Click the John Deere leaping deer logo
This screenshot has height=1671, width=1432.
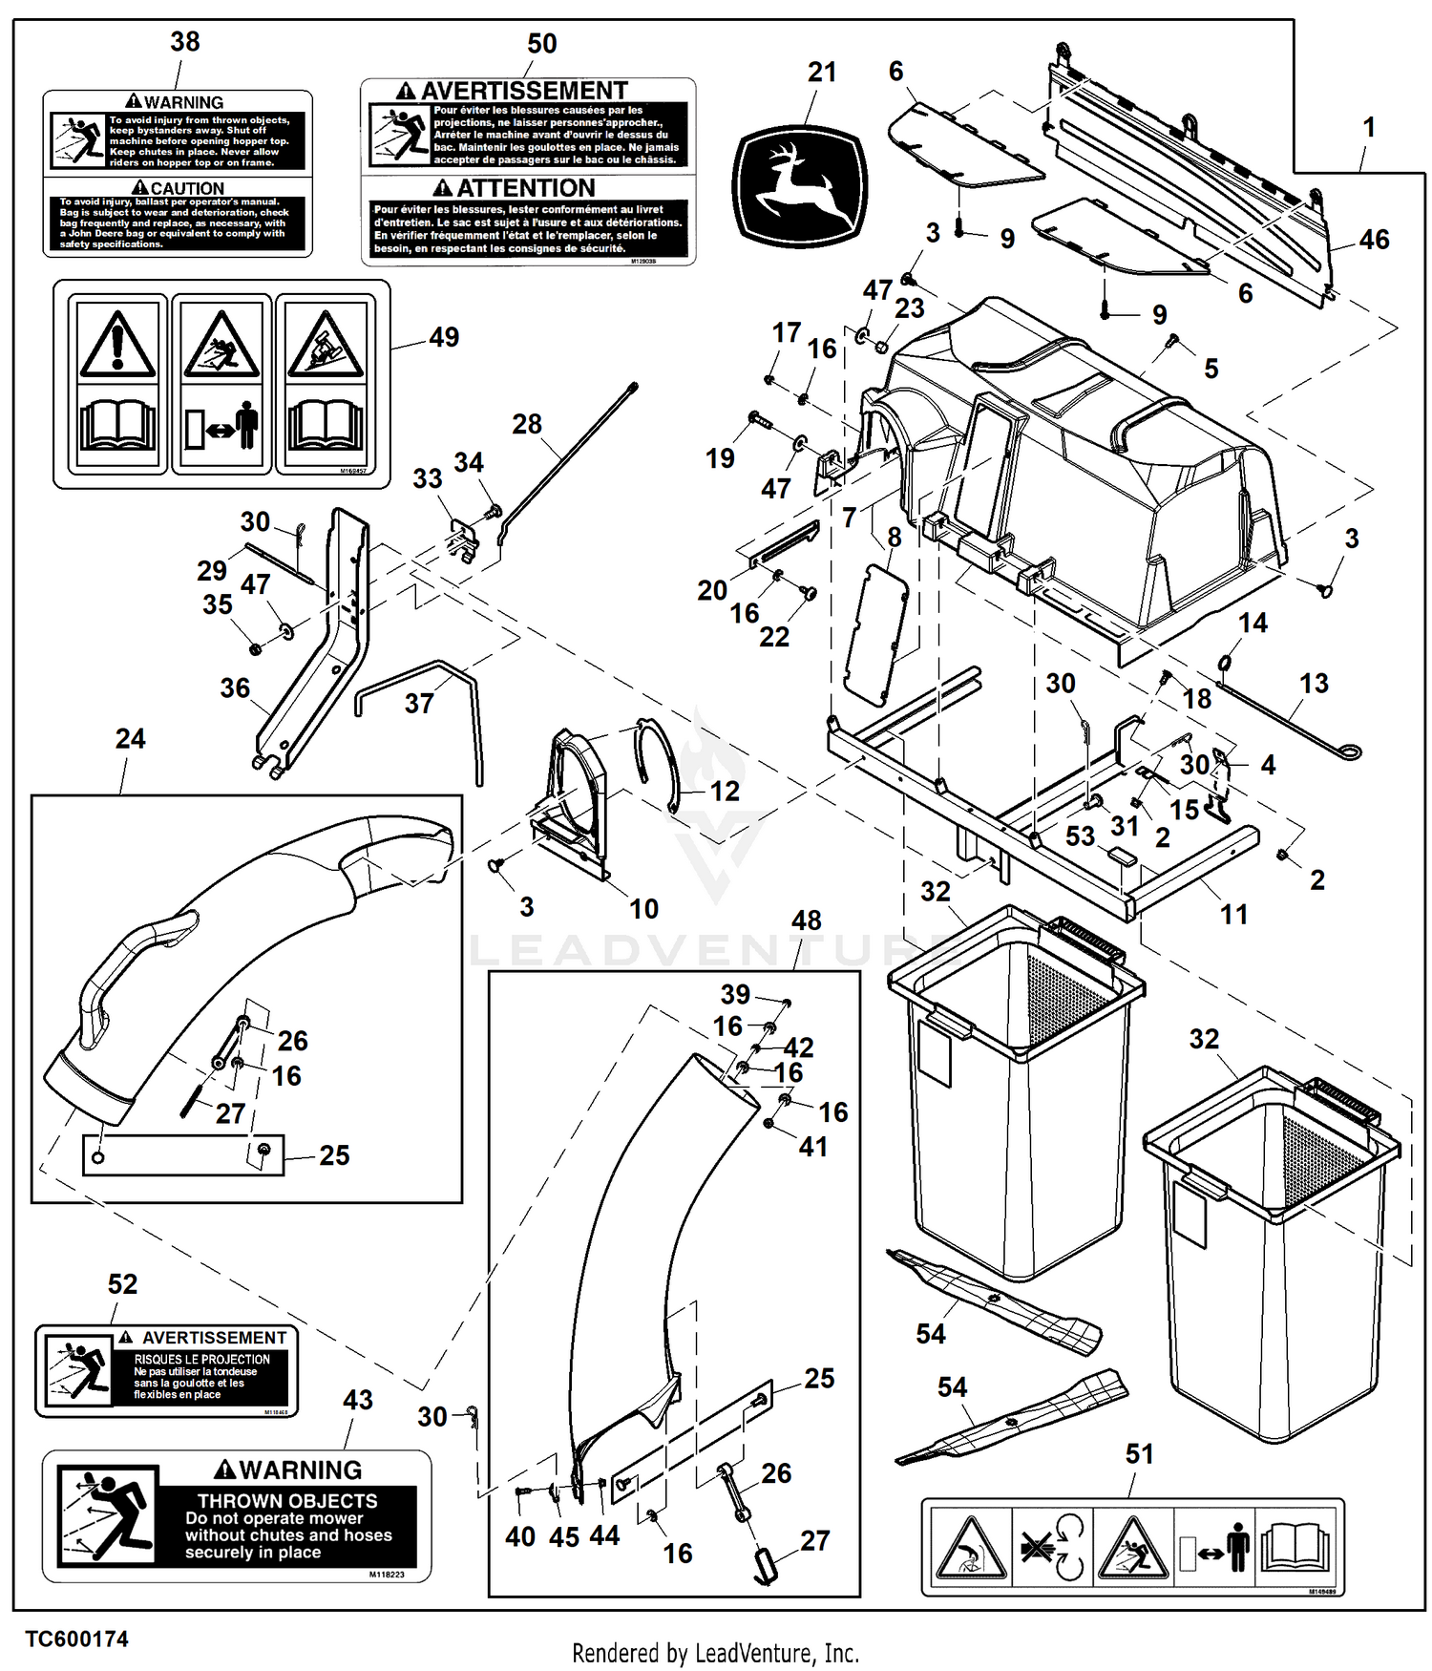point(800,186)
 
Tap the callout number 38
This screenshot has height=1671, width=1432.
point(185,42)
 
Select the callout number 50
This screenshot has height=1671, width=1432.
point(541,44)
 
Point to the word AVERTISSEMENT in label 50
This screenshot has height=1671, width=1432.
point(524,92)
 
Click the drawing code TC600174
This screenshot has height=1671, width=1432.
point(76,1639)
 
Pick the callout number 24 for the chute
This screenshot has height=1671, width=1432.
point(130,739)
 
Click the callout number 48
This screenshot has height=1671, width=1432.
point(806,920)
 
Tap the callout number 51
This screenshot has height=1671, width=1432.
point(1140,1454)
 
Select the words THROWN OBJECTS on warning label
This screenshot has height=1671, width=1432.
point(287,1501)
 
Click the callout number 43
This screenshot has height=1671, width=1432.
point(358,1401)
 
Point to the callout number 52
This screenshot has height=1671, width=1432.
point(122,1284)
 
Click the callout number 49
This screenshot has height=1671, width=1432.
point(444,337)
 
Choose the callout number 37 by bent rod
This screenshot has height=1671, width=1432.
point(419,704)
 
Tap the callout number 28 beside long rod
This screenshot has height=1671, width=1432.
point(527,424)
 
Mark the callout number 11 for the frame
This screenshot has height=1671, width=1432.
point(1233,915)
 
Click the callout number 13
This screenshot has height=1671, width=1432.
point(1314,684)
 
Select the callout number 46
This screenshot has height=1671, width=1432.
point(1374,240)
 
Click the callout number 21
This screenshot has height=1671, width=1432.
point(822,73)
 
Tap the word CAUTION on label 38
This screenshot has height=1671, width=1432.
point(187,189)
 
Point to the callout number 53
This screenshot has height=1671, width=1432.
point(1080,836)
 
